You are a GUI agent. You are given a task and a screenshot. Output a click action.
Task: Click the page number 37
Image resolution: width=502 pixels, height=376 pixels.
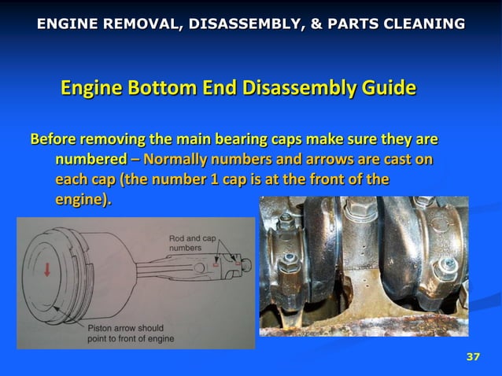473,358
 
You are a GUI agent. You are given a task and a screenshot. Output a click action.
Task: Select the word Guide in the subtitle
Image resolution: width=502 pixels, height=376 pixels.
385,87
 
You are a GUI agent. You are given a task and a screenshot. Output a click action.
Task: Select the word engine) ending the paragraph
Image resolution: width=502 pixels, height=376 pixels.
83,200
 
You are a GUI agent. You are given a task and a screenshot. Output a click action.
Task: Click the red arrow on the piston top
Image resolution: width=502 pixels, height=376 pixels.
48,270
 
